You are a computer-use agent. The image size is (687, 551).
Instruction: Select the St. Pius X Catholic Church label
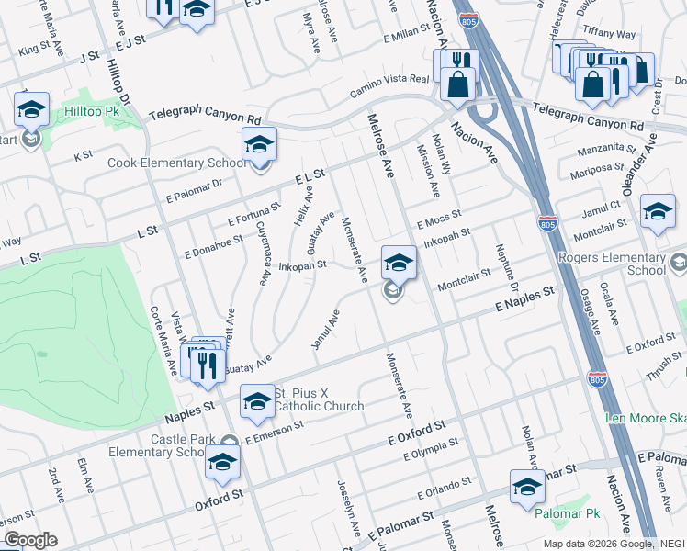coord(312,399)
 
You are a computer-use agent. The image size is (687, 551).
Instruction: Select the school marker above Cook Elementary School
coord(259,145)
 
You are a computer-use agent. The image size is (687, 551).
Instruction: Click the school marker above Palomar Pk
coord(527,488)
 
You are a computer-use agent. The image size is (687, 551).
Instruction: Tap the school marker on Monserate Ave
coord(399,264)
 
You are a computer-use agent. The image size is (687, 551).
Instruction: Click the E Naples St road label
coord(525,299)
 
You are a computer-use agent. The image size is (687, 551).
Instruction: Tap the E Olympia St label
coord(431,448)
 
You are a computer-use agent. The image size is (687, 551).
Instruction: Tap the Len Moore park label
coord(645,419)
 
